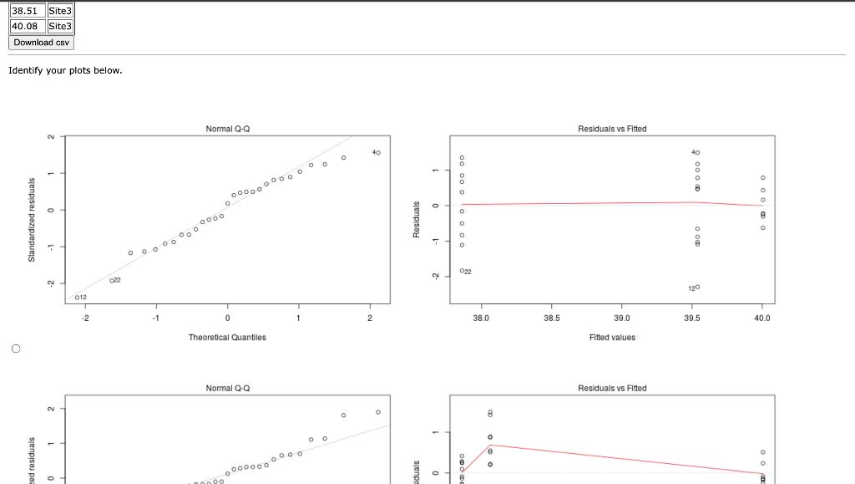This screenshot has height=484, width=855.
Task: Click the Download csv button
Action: coord(42,43)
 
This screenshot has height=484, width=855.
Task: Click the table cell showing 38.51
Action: coord(25,11)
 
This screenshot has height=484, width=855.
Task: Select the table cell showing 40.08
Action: coord(25,27)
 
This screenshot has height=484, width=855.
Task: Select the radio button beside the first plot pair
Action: coord(15,348)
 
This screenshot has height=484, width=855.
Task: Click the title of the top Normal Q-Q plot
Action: coord(227,129)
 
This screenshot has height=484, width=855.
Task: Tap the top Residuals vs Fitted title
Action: coord(612,129)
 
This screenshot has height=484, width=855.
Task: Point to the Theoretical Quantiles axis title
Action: coord(227,338)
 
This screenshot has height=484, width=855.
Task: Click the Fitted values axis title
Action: coord(612,338)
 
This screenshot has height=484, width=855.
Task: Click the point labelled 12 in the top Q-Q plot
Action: coord(76,297)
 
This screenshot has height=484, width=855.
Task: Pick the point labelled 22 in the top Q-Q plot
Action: coord(111,281)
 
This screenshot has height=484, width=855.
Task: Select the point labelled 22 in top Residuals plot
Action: coord(462,271)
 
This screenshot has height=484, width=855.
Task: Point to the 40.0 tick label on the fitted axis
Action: coord(762,318)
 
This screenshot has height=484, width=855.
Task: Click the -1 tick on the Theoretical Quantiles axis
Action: coord(155,318)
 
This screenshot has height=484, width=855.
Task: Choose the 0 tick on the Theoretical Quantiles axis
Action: coord(227,318)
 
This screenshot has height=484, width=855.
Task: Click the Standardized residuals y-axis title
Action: coord(32,219)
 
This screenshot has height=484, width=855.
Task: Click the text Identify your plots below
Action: coord(65,70)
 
